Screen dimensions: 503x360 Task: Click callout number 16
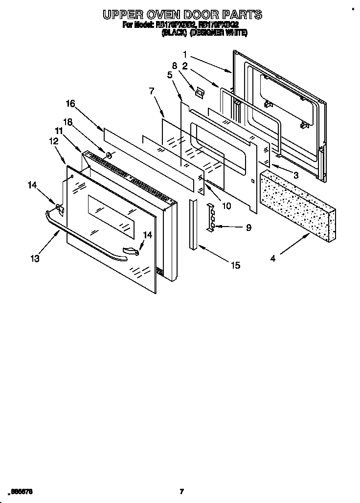click(70, 103)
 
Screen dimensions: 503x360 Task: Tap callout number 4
click(272, 258)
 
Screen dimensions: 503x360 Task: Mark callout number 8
click(174, 65)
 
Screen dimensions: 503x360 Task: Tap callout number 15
click(235, 265)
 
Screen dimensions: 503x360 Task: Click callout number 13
click(36, 258)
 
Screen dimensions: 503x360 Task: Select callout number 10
click(226, 206)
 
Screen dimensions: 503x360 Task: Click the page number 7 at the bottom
click(181, 491)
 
